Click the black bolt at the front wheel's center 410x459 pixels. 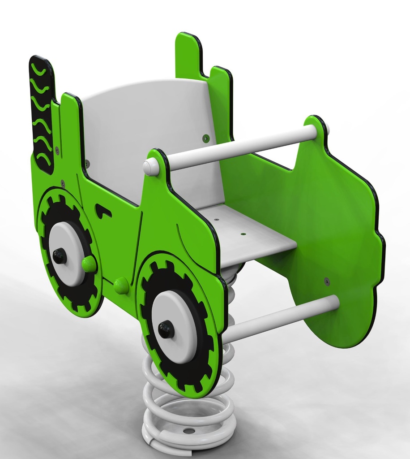(166, 329)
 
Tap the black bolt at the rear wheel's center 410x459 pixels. (60, 256)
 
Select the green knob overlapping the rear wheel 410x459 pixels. (89, 264)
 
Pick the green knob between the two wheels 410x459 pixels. (121, 285)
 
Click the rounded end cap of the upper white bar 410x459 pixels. (150, 167)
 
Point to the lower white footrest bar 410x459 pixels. (282, 317)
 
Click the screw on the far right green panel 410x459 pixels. (327, 281)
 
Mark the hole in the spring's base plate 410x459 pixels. (189, 431)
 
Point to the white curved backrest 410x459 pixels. (148, 121)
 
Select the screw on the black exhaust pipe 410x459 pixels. (57, 151)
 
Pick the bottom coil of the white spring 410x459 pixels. (188, 442)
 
